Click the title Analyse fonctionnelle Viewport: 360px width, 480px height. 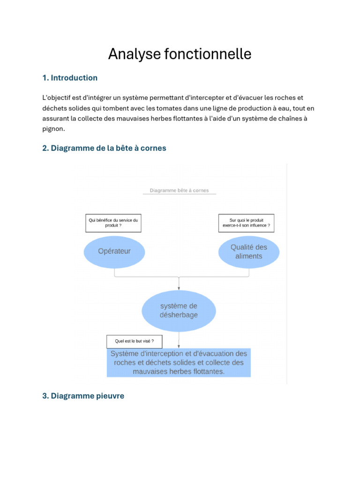pyautogui.click(x=180, y=54)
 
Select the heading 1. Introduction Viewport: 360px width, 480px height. pyautogui.click(x=70, y=78)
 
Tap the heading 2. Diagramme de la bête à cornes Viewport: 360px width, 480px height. pyautogui.click(x=104, y=148)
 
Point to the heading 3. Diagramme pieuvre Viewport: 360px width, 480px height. pyautogui.click(x=83, y=396)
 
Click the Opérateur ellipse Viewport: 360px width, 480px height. pyautogui.click(x=114, y=251)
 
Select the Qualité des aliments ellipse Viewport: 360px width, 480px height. pyautogui.click(x=249, y=252)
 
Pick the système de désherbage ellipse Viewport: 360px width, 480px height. pyautogui.click(x=179, y=311)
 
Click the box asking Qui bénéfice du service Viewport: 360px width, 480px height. pyautogui.click(x=113, y=223)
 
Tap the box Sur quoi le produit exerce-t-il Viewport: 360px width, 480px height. pyautogui.click(x=246, y=223)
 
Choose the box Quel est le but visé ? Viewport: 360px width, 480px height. pyautogui.click(x=135, y=341)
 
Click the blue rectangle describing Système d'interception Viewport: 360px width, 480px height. pyautogui.click(x=179, y=362)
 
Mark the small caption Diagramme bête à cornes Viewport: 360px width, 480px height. pyautogui.click(x=179, y=191)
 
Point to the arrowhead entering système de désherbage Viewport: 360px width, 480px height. pyautogui.click(x=179, y=288)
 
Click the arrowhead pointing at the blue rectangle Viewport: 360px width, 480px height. pyautogui.click(x=179, y=346)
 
